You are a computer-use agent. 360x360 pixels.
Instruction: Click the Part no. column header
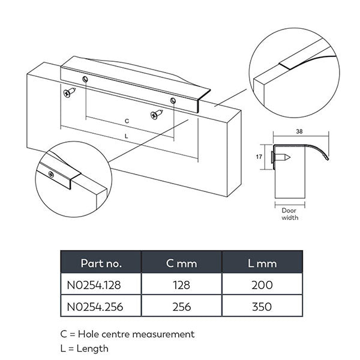coord(101,263)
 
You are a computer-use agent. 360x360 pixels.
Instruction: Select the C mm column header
coord(181,263)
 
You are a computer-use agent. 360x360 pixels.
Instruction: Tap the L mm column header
coord(262,263)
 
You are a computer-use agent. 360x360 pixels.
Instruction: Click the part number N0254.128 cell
coord(101,285)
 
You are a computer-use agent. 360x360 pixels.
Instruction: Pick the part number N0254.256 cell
coord(101,307)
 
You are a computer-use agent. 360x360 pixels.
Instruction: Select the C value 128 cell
coord(181,285)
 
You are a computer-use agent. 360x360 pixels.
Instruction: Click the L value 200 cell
coord(262,285)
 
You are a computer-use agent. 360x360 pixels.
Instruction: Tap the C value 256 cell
coord(181,307)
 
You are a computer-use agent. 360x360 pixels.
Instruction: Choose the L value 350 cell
coord(262,307)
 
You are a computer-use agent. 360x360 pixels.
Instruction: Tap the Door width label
coord(290,214)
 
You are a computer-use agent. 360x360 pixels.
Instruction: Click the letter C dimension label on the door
coord(127,121)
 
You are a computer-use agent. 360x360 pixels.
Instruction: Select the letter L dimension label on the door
coord(125,137)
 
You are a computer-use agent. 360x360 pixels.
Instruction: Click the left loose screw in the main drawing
coord(70,92)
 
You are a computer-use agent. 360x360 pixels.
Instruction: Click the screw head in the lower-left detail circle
coord(53,174)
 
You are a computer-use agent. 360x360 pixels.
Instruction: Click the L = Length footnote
coord(85,347)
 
